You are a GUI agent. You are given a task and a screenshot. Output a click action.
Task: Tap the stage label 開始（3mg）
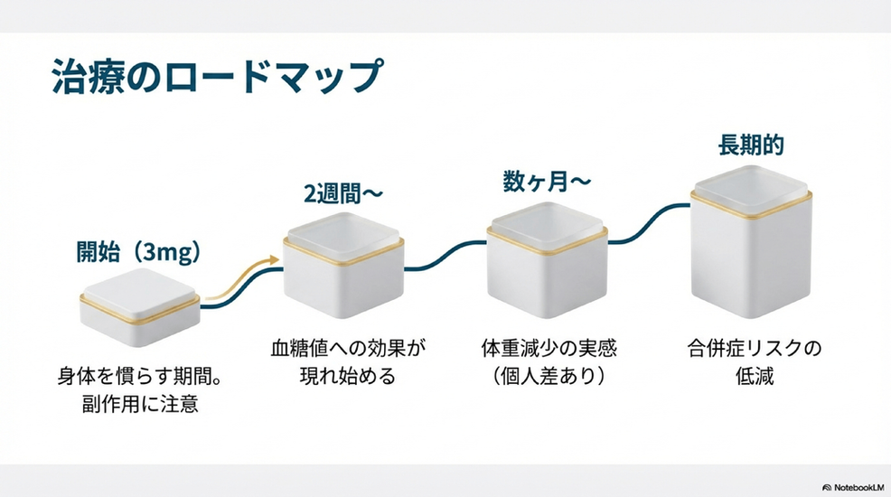coord(138,253)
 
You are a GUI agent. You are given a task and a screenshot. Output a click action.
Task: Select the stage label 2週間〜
coord(342,194)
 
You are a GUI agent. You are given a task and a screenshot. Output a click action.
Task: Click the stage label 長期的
coord(751,145)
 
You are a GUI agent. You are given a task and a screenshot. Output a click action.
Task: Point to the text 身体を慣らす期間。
coord(140,375)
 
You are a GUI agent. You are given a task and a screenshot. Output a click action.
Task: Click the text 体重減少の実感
coord(549,348)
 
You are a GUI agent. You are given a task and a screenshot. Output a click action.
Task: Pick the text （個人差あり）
coord(549,376)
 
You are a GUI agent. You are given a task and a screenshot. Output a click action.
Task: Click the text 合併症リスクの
coord(755,348)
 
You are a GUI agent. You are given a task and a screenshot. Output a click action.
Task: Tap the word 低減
coord(755,376)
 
